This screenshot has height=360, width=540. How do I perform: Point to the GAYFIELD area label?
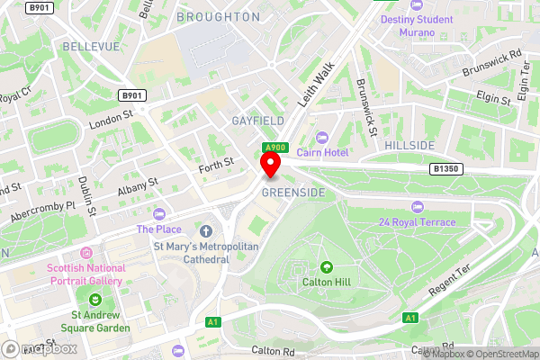257,120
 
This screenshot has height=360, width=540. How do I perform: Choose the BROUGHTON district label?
218,16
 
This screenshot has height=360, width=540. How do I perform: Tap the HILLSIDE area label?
409,145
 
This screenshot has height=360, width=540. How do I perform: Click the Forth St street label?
216,162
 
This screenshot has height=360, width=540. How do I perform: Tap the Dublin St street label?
86,194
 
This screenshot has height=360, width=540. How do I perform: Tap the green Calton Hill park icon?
326,266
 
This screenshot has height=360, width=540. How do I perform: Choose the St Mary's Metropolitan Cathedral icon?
206,229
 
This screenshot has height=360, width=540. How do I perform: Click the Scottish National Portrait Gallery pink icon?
87,255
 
